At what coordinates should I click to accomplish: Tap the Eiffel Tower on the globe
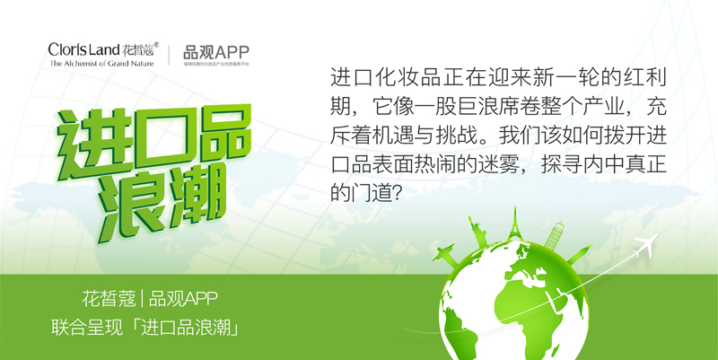[514, 230]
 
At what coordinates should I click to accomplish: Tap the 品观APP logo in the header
[215, 51]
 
